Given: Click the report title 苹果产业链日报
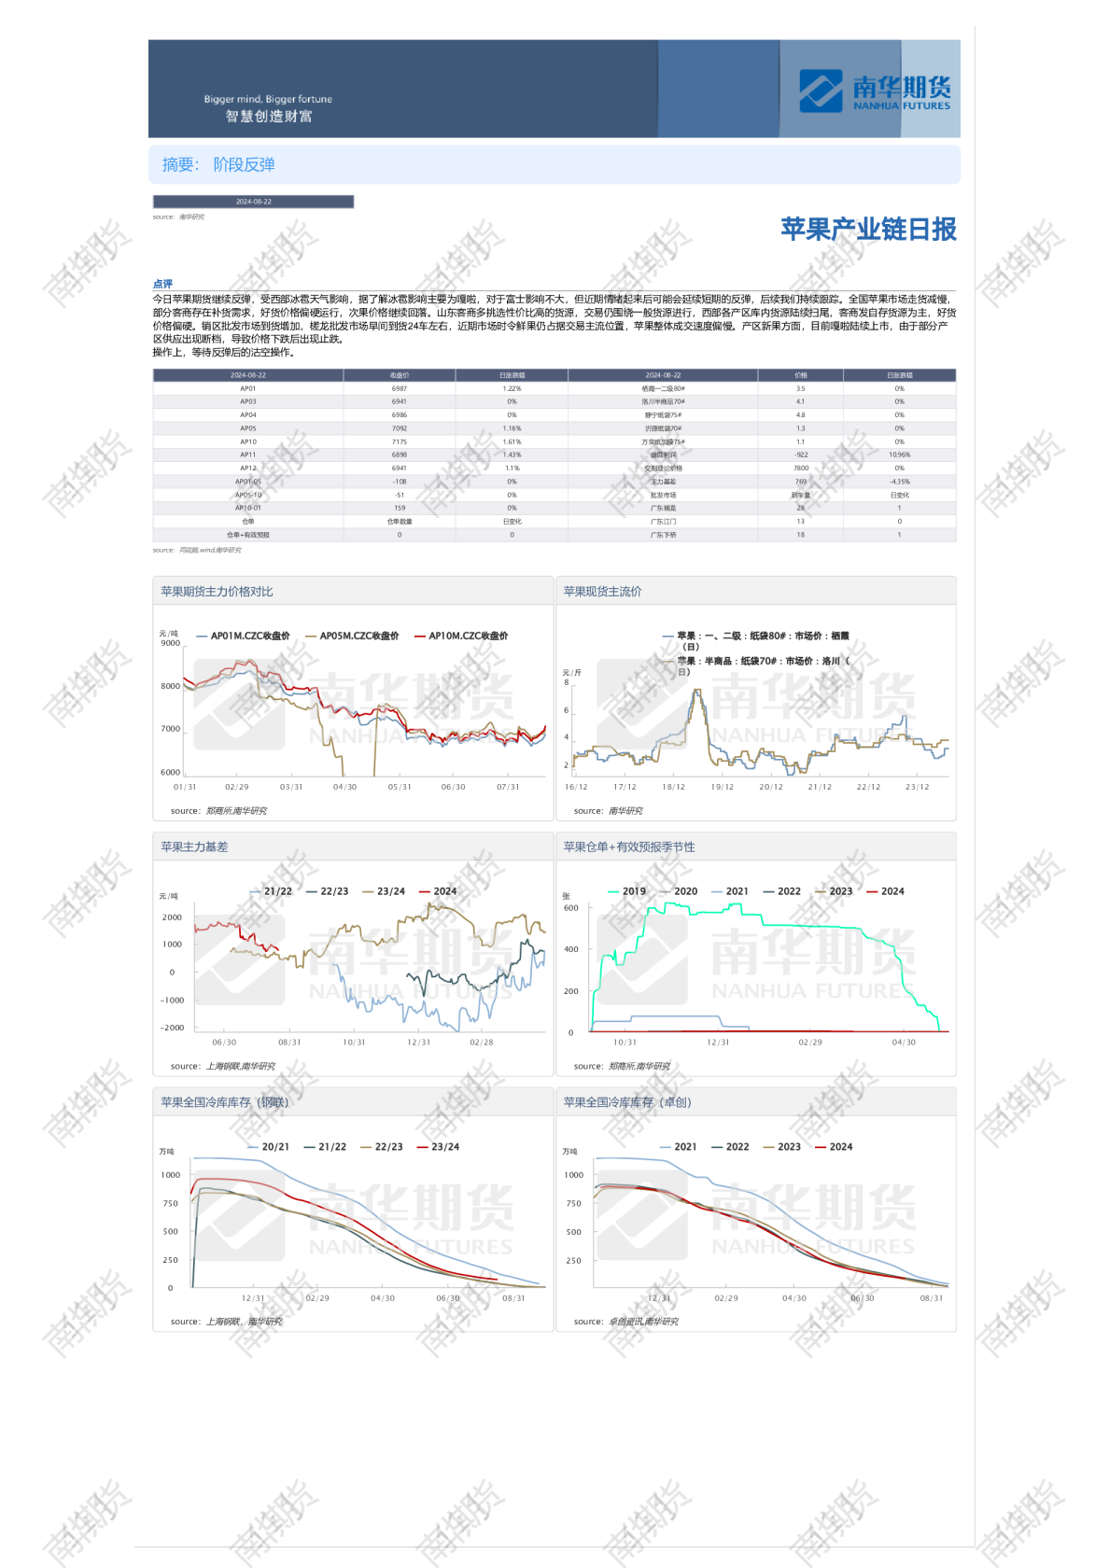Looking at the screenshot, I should [x=868, y=230].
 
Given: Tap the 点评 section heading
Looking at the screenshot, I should [x=162, y=284].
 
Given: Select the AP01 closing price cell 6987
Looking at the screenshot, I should [x=400, y=388].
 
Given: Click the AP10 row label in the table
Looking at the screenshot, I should [x=248, y=441].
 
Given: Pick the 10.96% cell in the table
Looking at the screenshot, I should [x=900, y=455].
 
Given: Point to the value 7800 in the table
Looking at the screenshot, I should [x=801, y=469].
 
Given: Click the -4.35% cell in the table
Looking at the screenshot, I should [x=900, y=482].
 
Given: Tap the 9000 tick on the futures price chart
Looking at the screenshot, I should [x=171, y=643].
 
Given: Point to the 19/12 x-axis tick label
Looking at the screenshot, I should [x=723, y=787].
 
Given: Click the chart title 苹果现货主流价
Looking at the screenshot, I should [x=602, y=592].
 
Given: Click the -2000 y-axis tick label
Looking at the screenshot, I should [x=173, y=1028].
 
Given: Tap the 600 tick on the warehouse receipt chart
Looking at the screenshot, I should [x=571, y=907].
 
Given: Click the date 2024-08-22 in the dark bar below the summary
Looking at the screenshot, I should [x=254, y=202].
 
